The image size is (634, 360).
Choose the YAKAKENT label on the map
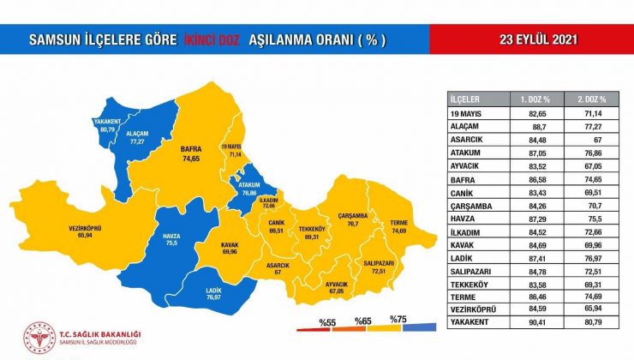[x=107, y=125]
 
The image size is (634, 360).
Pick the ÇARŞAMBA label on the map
[x=351, y=215]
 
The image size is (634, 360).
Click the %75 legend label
[x=397, y=319]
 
